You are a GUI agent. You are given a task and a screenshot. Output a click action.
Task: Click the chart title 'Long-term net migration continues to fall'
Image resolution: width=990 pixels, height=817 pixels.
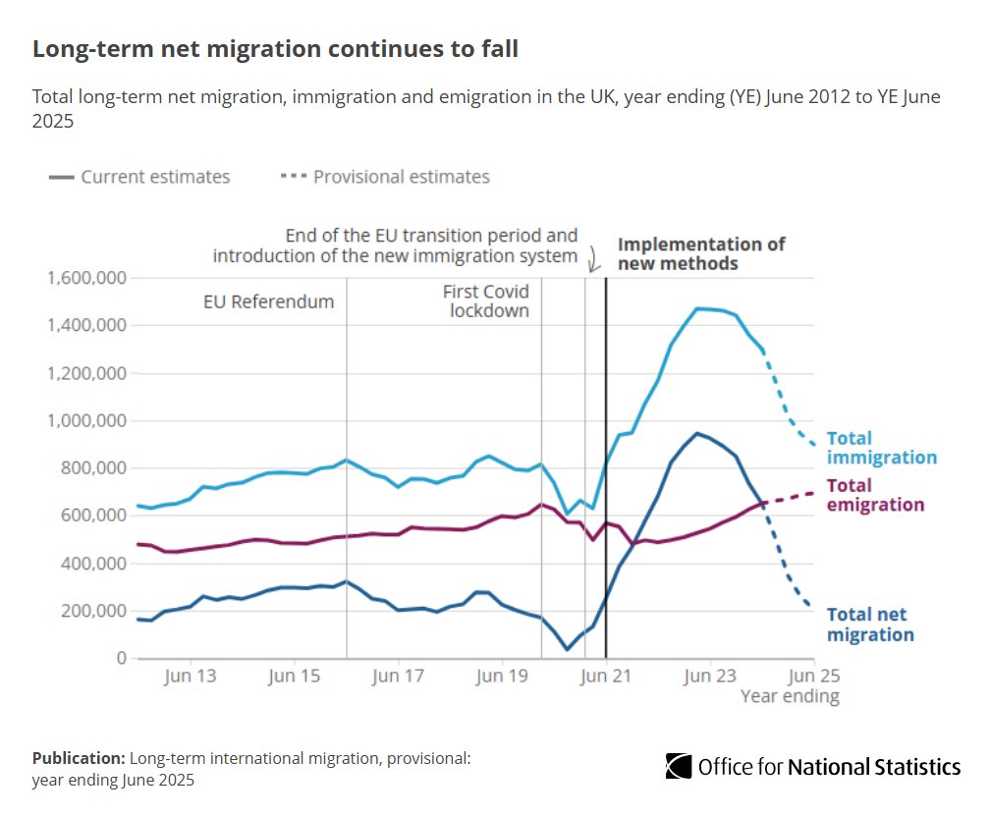275,50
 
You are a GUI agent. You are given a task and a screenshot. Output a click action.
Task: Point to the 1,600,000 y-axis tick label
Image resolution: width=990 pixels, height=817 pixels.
85,278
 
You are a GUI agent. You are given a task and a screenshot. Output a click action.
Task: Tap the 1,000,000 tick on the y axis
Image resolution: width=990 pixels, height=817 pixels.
85,420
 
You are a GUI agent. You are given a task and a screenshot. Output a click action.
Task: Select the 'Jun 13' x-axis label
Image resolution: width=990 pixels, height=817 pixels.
190,677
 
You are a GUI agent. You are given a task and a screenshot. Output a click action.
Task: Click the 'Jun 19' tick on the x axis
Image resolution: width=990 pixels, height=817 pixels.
502,677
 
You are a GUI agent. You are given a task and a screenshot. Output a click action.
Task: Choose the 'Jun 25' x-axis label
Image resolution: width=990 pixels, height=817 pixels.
815,677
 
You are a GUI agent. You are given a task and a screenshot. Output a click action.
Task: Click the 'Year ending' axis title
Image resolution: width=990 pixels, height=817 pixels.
790,696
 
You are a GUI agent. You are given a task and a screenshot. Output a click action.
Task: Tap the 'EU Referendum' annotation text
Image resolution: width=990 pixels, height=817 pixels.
268,301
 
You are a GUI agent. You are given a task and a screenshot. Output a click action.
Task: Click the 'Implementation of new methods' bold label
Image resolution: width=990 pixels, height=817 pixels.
701,253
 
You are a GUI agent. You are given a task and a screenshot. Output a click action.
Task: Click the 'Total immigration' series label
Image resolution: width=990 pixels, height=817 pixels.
881,448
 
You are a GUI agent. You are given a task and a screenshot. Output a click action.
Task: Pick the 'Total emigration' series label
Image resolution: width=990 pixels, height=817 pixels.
875,495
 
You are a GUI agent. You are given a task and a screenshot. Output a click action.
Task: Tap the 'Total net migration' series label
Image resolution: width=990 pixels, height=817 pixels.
869,625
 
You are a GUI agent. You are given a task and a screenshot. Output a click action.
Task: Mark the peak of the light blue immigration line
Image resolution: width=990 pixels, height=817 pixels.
697,308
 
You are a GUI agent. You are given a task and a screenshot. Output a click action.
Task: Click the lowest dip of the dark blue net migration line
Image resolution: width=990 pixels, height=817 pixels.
567,649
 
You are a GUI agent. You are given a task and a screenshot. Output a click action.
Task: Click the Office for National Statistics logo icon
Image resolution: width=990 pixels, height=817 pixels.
680,766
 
